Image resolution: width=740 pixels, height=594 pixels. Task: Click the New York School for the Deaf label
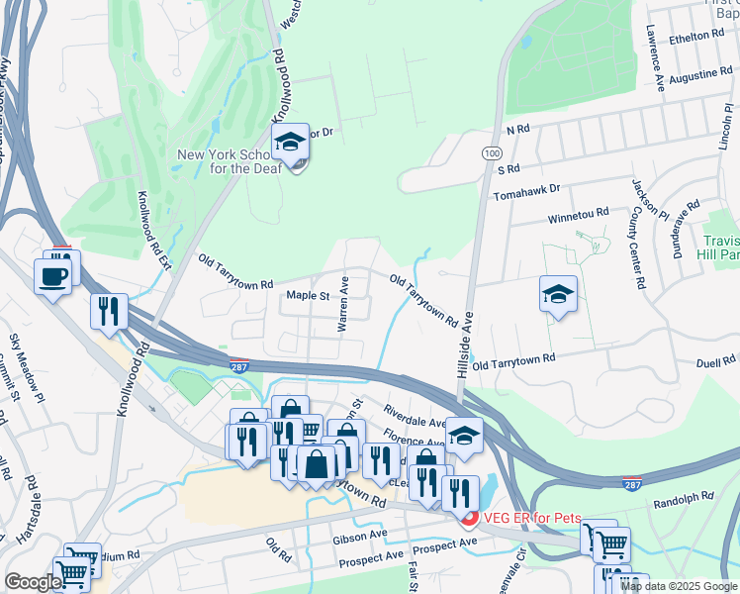[229, 160]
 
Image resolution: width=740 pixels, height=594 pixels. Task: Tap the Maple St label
[307, 295]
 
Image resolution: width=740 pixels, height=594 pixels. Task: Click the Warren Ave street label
[344, 304]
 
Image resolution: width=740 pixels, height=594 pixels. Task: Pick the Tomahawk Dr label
[526, 189]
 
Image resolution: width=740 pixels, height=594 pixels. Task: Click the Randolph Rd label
[684, 497]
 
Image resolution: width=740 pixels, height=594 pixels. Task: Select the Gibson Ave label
[360, 535]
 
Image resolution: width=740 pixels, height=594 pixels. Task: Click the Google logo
[33, 582]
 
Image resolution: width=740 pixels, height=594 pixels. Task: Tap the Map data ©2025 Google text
[679, 586]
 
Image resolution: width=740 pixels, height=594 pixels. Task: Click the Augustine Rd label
[699, 75]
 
